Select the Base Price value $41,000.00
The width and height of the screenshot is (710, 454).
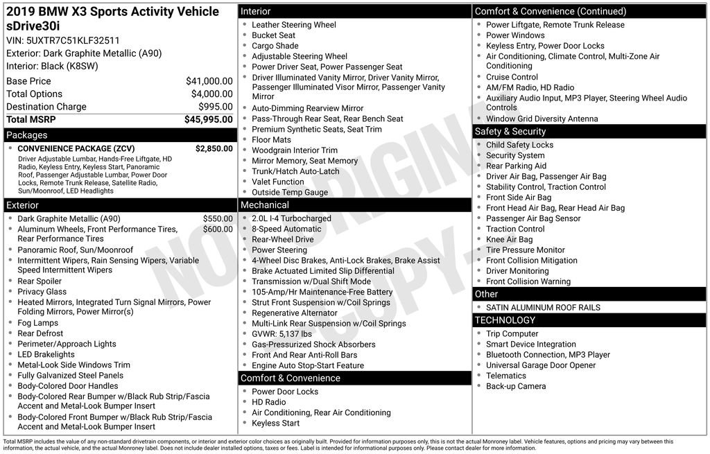coord(209,81)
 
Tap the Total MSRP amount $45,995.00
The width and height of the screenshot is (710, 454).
coord(208,119)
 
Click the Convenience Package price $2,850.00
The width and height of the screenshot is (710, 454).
coord(214,148)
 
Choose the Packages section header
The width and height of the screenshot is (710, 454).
coord(27,135)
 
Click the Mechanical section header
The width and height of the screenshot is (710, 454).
coord(265,205)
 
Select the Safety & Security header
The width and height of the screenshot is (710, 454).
coord(510,132)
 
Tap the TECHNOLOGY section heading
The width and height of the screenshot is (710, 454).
coord(505,320)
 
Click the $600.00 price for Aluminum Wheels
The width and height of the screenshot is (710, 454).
coord(218,229)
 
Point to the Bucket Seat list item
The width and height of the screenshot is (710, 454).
coord(273,35)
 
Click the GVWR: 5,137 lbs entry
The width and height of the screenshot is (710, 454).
coord(282,333)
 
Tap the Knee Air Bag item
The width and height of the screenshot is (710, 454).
coord(509,239)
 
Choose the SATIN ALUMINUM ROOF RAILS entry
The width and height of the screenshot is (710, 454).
coord(543,307)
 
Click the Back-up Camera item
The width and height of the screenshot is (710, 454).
coord(515,386)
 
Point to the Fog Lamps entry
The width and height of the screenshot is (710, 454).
coord(38,323)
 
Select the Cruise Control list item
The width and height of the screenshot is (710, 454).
coord(512,77)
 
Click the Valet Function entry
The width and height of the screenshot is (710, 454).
coord(278,182)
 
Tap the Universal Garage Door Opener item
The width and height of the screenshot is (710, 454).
coord(541,365)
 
